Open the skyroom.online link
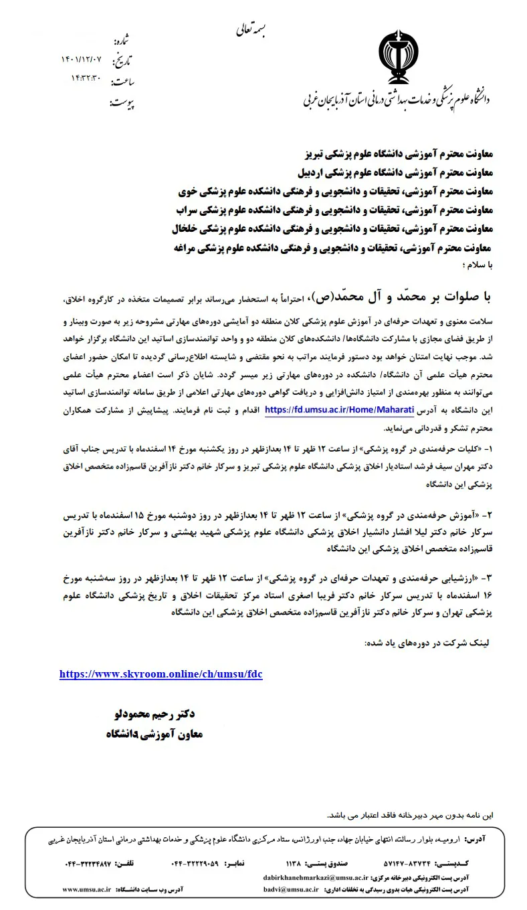tap(161, 674)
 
